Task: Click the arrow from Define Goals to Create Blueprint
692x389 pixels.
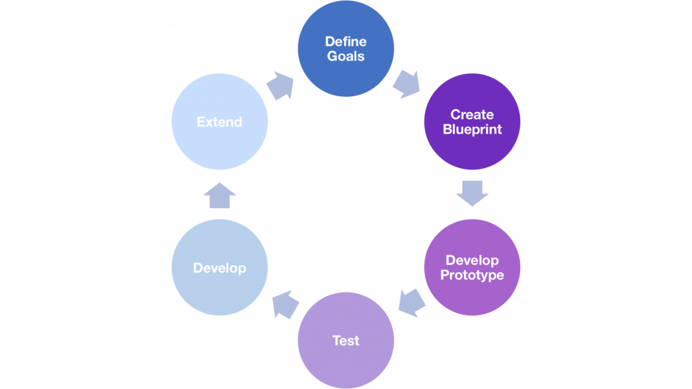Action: (407, 84)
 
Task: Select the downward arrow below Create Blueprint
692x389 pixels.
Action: (472, 194)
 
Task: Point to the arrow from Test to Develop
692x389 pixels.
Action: (285, 304)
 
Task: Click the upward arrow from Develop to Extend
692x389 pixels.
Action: (220, 195)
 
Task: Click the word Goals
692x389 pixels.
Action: (345, 56)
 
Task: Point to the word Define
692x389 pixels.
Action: (345, 41)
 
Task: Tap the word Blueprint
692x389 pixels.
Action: (472, 130)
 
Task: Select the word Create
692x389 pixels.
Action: (472, 115)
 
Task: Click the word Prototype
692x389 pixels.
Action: (472, 275)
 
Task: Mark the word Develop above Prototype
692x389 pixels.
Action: (472, 260)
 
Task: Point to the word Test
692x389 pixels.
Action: (345, 341)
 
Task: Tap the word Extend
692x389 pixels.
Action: (219, 122)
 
